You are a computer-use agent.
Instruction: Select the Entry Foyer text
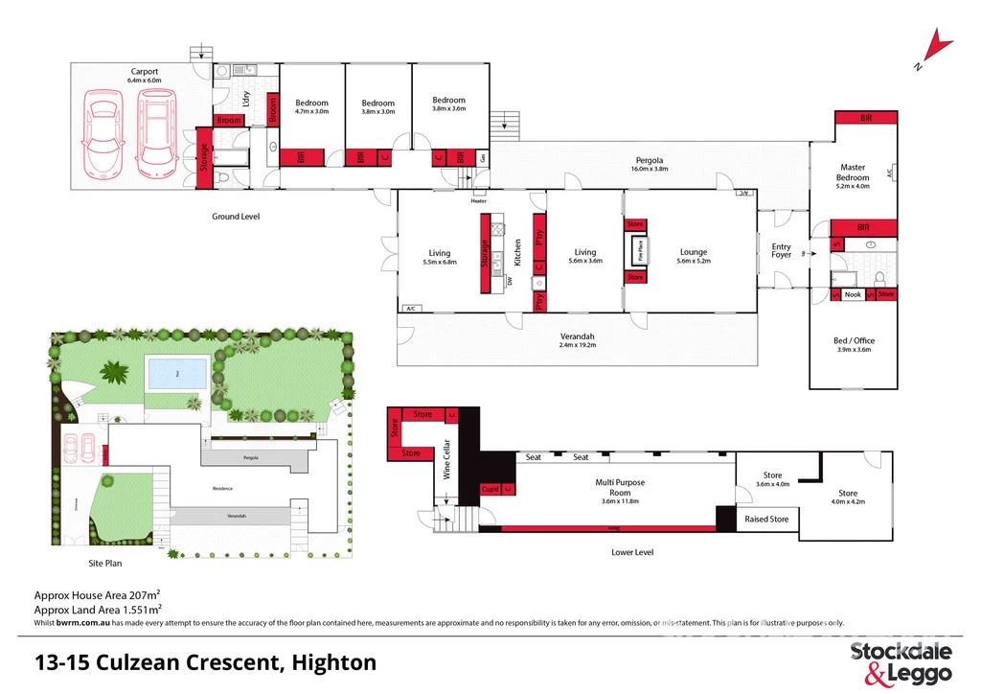tap(782, 252)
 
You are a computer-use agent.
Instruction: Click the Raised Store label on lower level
tap(767, 520)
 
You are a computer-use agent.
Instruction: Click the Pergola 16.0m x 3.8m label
tap(649, 164)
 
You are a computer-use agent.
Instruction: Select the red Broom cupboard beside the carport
tap(228, 120)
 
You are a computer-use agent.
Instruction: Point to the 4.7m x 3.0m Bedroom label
tap(311, 106)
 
